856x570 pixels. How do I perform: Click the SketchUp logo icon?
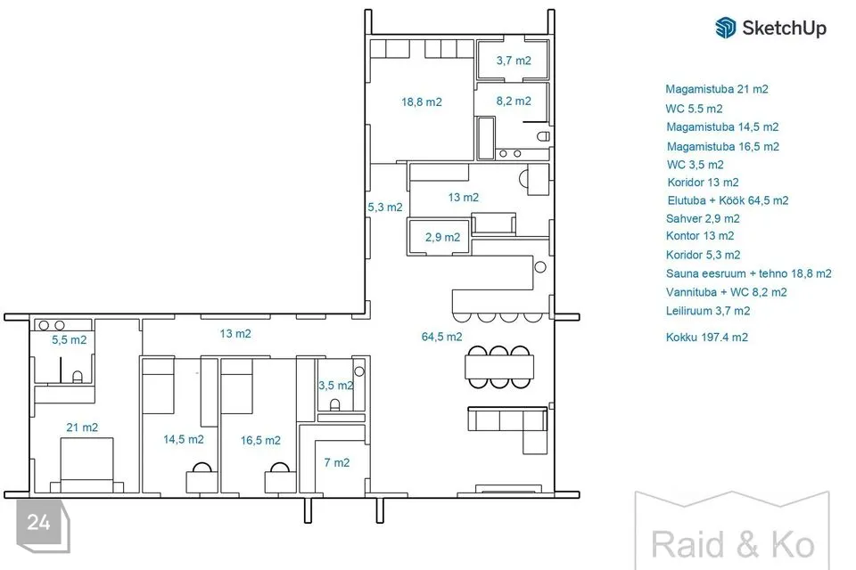click(x=726, y=28)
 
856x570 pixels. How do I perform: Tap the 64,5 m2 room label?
click(x=441, y=337)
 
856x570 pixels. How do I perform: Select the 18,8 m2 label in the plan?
click(x=422, y=102)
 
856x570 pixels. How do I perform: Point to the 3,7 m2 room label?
click(x=514, y=61)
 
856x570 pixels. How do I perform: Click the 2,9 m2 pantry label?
click(x=443, y=237)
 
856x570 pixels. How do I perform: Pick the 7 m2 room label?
click(x=337, y=462)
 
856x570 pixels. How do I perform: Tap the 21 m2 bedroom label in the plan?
click(x=82, y=427)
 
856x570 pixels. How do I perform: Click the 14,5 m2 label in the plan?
click(x=184, y=440)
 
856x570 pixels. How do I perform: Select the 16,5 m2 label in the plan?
click(x=260, y=440)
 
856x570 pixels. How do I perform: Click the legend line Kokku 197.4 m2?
click(x=707, y=337)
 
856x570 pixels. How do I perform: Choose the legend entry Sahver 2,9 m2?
click(x=703, y=219)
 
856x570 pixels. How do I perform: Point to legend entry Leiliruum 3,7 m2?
click(x=708, y=311)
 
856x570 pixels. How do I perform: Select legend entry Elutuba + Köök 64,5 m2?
click(x=728, y=200)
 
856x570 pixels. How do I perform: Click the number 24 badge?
click(x=39, y=523)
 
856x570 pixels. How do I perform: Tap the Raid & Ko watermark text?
click(x=733, y=545)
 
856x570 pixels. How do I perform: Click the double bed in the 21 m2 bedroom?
click(x=86, y=465)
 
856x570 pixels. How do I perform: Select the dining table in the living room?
click(x=499, y=367)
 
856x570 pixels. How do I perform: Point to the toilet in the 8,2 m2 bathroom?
click(x=543, y=135)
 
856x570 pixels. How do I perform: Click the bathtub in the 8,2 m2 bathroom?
click(x=486, y=137)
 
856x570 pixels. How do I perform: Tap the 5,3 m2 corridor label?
click(x=385, y=208)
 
